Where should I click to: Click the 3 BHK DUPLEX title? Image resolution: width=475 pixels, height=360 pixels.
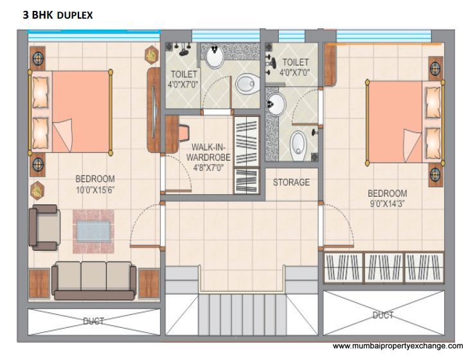click(x=58, y=15)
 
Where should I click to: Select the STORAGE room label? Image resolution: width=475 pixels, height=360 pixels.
click(x=291, y=182)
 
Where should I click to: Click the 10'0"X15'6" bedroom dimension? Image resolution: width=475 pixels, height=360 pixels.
click(x=95, y=190)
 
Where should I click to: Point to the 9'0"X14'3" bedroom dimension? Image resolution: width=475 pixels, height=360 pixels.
click(x=387, y=204)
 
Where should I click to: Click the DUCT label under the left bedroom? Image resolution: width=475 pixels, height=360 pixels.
click(x=94, y=321)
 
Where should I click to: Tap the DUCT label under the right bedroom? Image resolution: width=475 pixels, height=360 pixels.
click(x=383, y=315)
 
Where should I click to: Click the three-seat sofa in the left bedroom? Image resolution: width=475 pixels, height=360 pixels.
click(x=94, y=280)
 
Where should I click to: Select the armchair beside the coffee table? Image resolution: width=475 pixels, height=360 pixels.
click(x=44, y=228)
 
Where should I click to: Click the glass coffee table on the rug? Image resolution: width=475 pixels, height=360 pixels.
click(x=93, y=231)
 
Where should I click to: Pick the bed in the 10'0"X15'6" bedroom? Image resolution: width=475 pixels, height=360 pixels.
click(x=70, y=112)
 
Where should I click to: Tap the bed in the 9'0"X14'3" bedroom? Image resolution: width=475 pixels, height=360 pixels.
click(x=405, y=122)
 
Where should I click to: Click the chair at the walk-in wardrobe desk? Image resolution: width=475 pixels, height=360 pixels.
click(x=184, y=132)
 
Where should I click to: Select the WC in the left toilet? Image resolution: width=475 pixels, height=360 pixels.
click(x=247, y=84)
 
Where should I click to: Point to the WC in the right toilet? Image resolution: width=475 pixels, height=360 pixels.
click(x=298, y=146)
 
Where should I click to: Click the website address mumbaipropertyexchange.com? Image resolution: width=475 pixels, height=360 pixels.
click(x=397, y=346)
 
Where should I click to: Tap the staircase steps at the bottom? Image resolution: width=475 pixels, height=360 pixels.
click(x=242, y=314)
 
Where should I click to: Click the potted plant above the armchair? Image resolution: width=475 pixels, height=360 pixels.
click(x=37, y=190)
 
